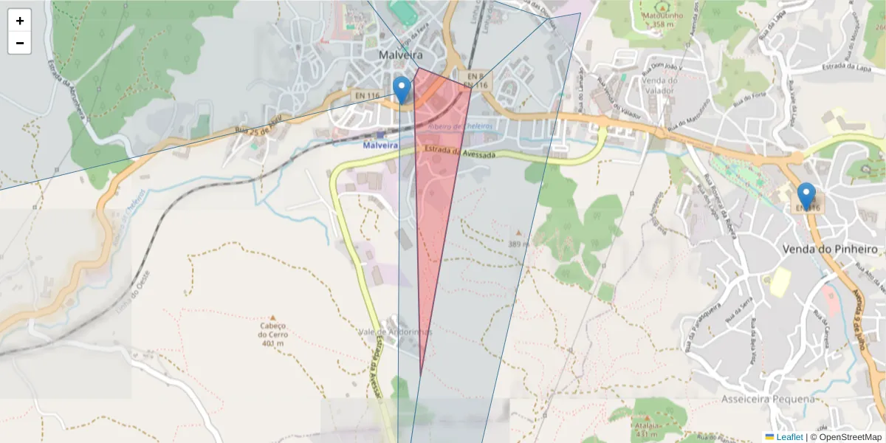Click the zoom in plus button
coord(20,21)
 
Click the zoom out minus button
coord(20,43)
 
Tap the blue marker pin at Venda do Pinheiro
coord(806,196)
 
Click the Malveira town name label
coord(401,55)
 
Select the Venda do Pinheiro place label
coord(830,250)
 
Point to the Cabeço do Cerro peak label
coord(272,334)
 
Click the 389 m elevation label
coord(518,243)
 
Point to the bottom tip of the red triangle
coord(421,375)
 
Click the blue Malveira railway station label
coord(380,145)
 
